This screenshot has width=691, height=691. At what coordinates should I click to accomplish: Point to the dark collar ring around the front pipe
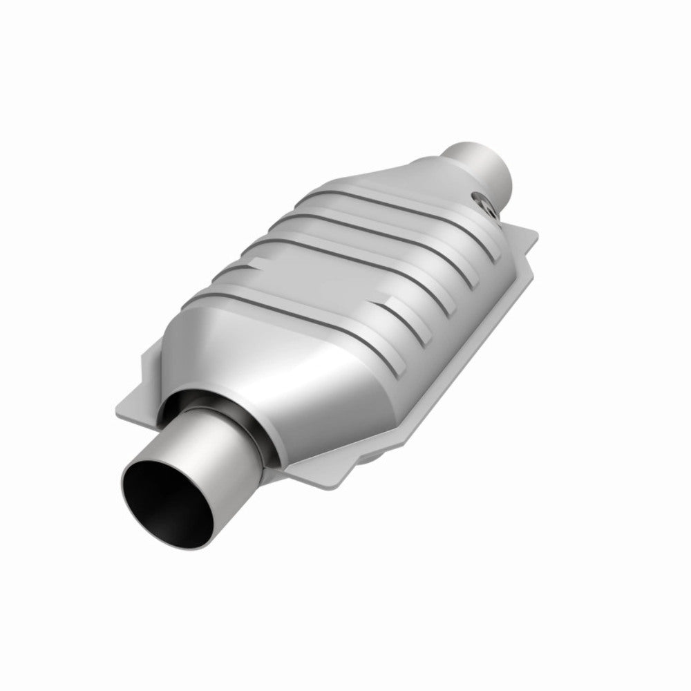click(259, 422)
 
